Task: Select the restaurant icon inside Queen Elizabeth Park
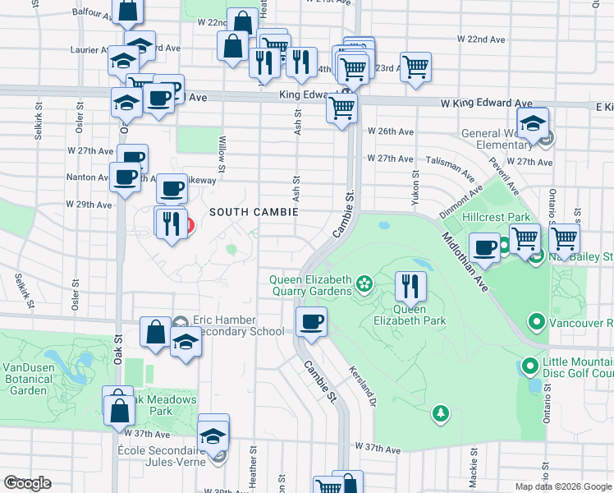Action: tap(410, 287)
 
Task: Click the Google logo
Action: tap(27, 483)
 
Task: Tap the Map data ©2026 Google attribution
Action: tap(562, 486)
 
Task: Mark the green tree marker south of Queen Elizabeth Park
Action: tap(442, 412)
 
